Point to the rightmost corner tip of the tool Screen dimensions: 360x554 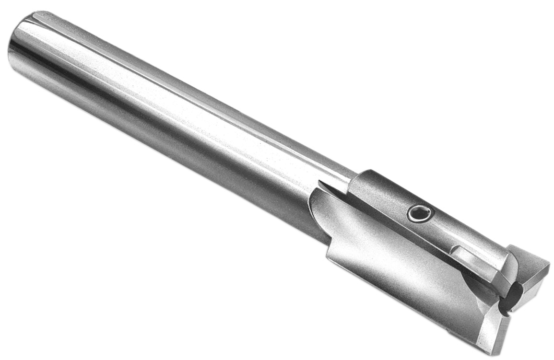click(549, 263)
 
